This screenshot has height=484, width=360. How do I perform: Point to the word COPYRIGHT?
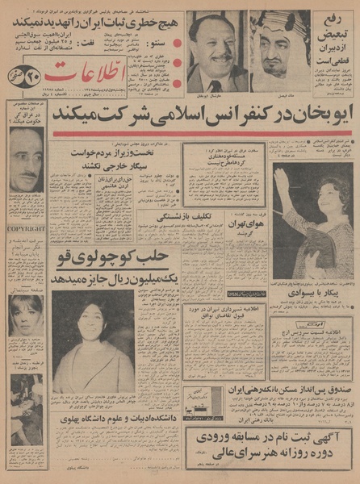[26, 228]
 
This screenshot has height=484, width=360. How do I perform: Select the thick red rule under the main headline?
[202, 134]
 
